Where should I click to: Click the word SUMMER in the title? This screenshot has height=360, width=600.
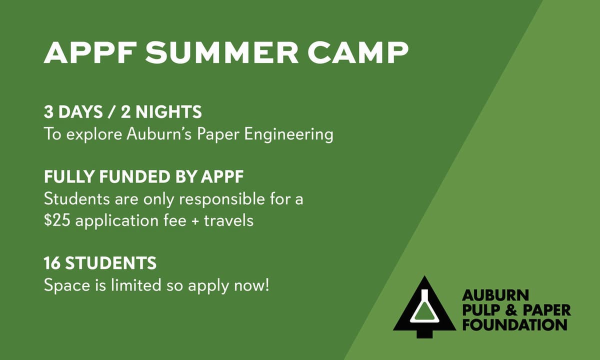[221, 52]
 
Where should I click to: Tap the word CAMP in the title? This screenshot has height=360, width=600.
[358, 52]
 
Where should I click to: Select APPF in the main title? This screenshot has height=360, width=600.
[89, 52]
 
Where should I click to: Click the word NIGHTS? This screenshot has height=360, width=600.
[168, 111]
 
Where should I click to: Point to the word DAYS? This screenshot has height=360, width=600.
[80, 111]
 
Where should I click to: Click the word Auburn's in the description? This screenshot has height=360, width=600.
[159, 133]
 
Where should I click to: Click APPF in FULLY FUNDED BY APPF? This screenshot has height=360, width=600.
[222, 177]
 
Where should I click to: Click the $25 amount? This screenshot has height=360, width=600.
[57, 220]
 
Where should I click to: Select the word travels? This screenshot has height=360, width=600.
[228, 220]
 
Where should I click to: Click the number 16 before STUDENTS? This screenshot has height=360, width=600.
[52, 263]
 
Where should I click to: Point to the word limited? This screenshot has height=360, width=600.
[136, 285]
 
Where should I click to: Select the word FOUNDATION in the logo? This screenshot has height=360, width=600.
[514, 324]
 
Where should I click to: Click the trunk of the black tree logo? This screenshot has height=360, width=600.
[425, 334]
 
